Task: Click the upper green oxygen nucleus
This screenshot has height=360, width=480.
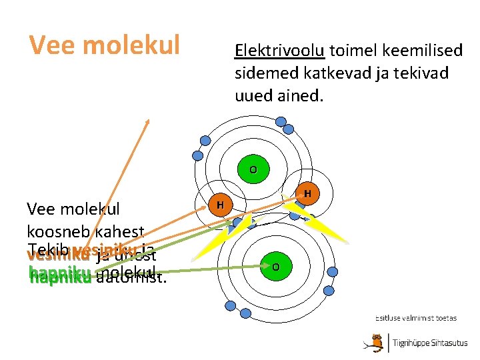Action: click(253, 169)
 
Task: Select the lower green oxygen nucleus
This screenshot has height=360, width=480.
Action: click(275, 267)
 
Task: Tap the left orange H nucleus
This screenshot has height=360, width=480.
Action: click(220, 203)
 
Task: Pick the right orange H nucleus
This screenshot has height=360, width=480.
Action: click(307, 194)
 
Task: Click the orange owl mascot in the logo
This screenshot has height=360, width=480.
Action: click(376, 343)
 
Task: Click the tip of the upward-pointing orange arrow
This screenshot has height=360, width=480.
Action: click(148, 120)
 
